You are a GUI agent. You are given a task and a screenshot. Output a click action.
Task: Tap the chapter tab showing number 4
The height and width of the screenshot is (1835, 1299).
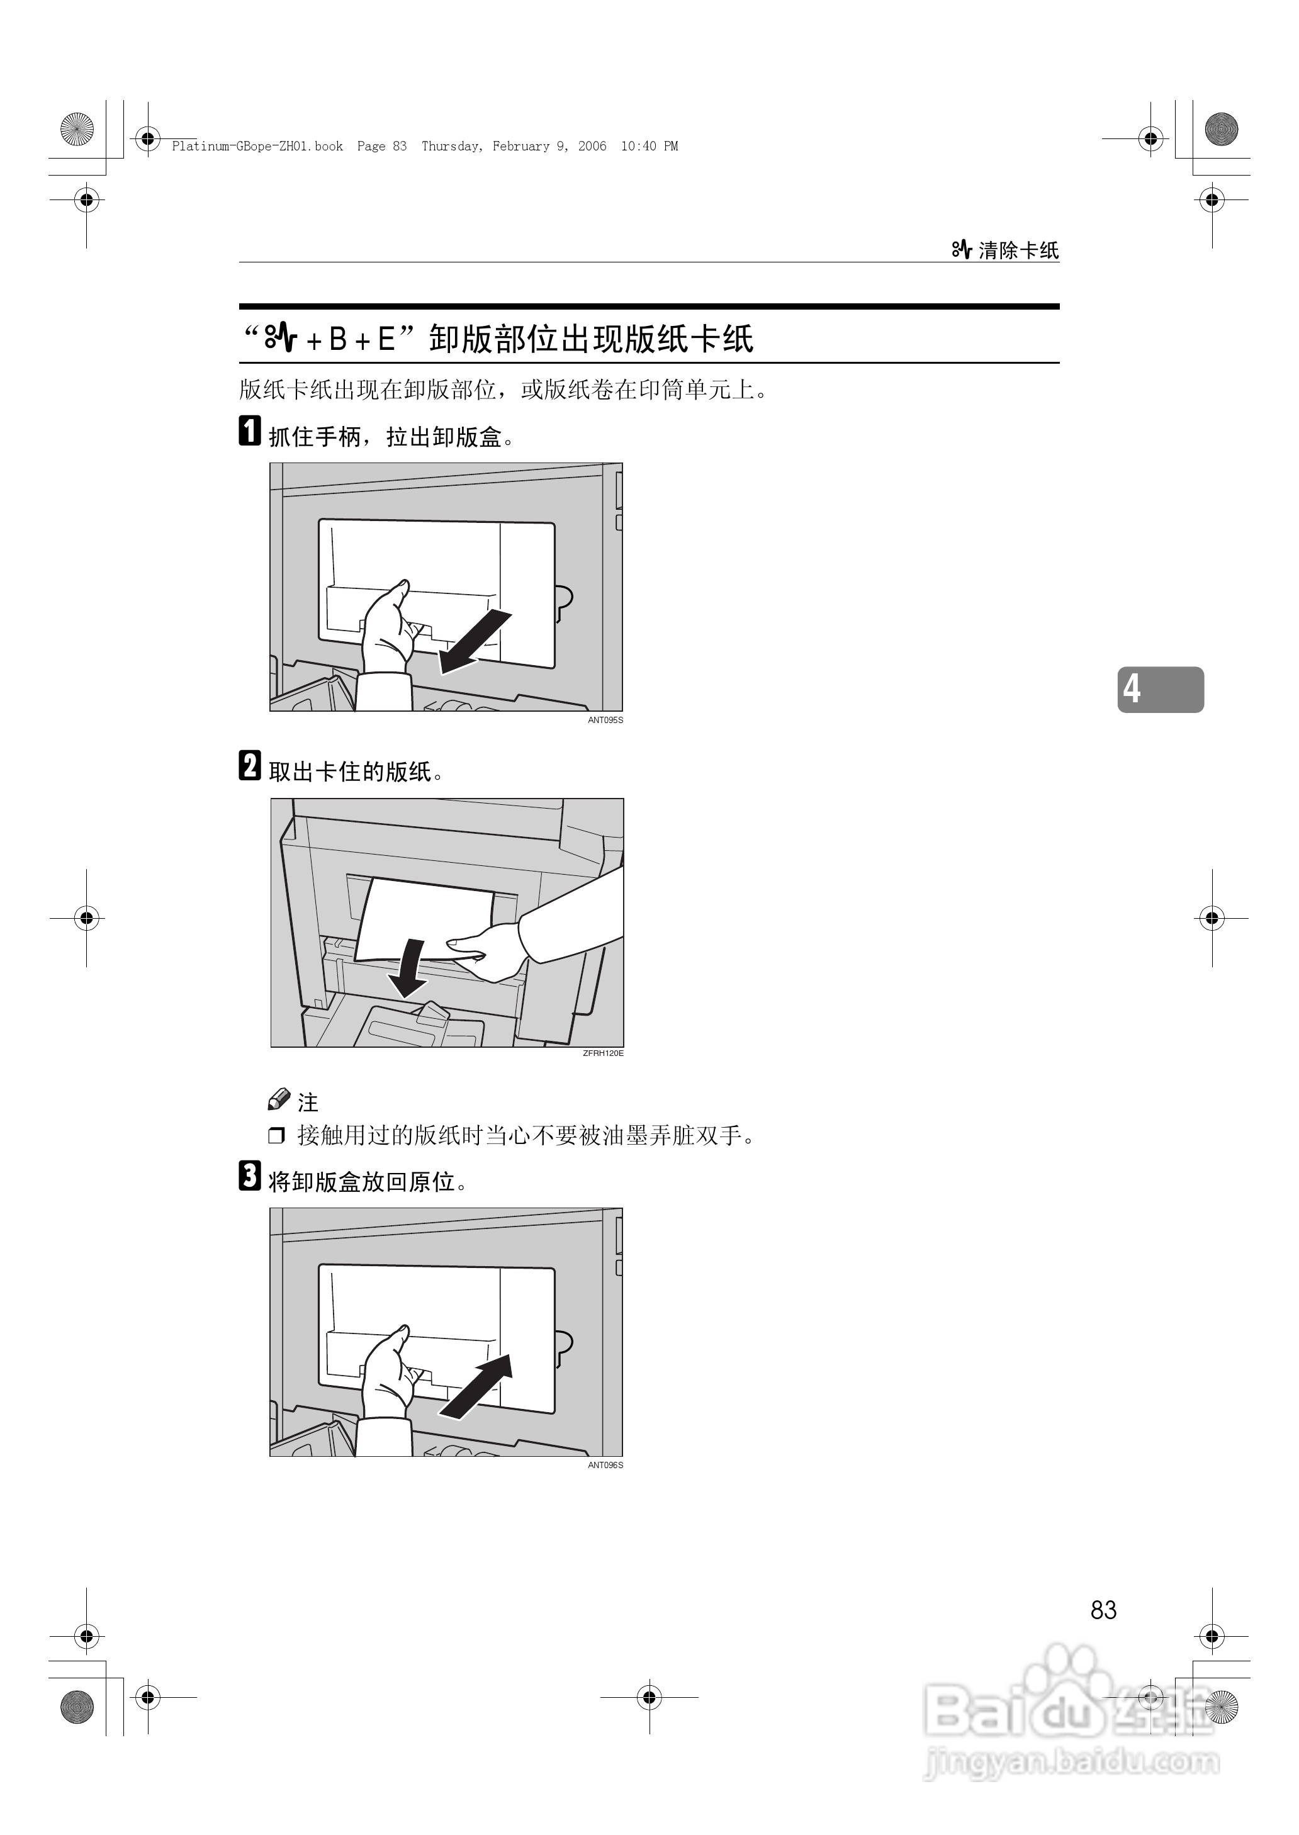pyautogui.click(x=1160, y=688)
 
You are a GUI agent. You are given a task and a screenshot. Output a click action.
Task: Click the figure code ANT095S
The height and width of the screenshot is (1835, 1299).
pyautogui.click(x=605, y=721)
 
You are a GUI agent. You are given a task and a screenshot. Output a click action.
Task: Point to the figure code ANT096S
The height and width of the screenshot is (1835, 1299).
pyautogui.click(x=605, y=1465)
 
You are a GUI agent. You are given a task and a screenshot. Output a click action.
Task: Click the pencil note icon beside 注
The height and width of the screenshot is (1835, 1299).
pyautogui.click(x=278, y=1099)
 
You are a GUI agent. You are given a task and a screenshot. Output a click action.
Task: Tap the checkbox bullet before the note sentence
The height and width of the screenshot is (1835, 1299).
pyautogui.click(x=276, y=1135)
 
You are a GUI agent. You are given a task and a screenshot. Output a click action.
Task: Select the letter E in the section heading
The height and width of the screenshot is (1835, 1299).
pyautogui.click(x=386, y=340)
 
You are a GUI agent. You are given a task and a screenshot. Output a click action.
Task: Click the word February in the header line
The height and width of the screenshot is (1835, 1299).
pyautogui.click(x=520, y=147)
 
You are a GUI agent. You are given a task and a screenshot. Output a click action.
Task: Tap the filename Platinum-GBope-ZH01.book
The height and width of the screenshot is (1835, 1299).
pyautogui.click(x=257, y=147)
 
